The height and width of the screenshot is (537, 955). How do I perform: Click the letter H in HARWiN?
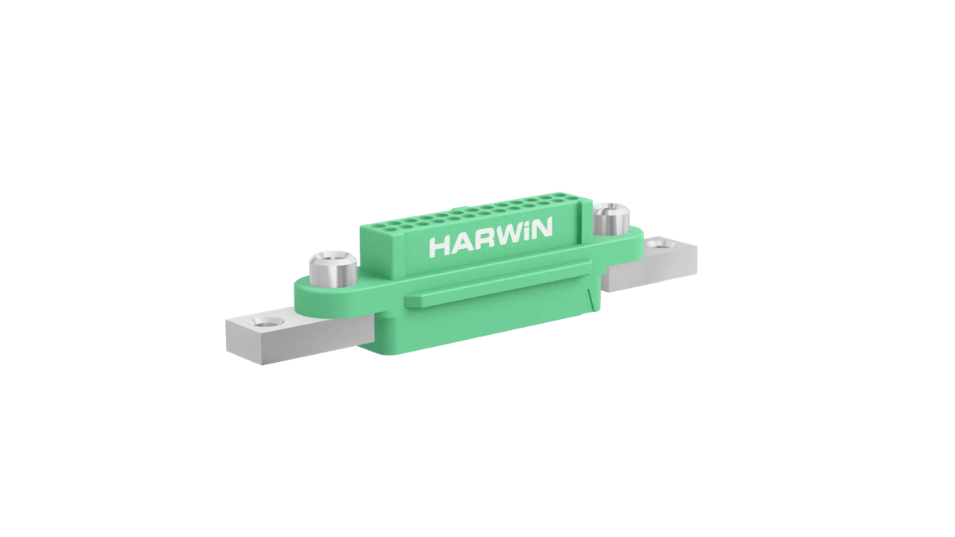tap(439, 245)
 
